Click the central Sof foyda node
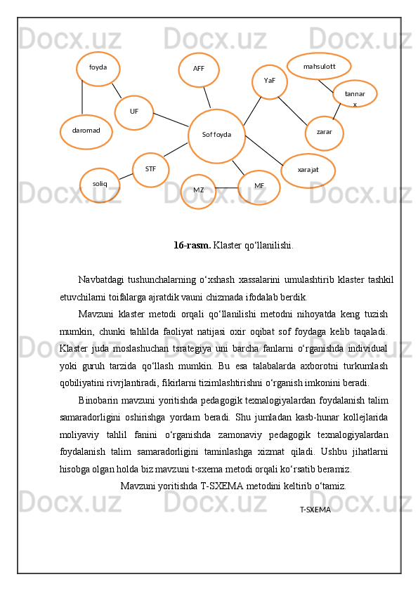(x=216, y=135)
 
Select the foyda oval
(x=98, y=68)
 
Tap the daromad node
(x=86, y=131)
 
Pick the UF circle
(x=133, y=112)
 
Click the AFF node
(x=199, y=69)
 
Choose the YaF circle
(x=270, y=81)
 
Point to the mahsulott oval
(x=319, y=67)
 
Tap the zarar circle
(x=325, y=133)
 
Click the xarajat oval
(x=308, y=171)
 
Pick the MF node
(x=259, y=187)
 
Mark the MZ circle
(x=198, y=191)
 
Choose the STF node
(x=150, y=170)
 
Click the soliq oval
(x=100, y=185)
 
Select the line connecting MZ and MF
(x=227, y=187)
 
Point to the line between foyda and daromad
(x=82, y=97)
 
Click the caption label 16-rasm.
(x=192, y=246)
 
